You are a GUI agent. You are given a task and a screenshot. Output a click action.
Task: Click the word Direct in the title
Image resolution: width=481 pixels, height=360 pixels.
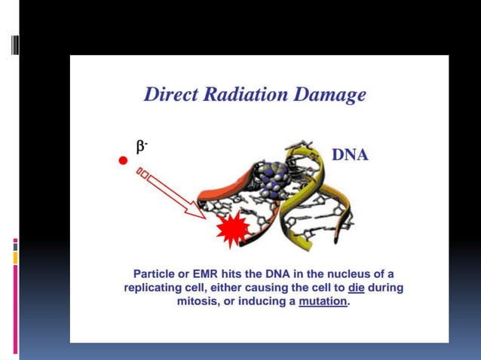click(173, 96)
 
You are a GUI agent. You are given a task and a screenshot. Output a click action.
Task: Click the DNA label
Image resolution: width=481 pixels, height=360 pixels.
click(350, 155)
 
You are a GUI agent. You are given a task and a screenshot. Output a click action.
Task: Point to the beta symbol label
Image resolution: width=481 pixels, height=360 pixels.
click(141, 147)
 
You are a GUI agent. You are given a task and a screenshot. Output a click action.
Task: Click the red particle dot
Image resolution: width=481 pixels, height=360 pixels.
click(121, 161)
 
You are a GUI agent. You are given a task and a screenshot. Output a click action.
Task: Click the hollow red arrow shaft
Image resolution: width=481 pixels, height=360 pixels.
click(173, 192)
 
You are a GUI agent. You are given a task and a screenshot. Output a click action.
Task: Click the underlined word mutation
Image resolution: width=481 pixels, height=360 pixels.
click(323, 302)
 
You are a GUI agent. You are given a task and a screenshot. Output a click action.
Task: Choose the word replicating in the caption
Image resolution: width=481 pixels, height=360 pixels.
click(155, 288)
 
